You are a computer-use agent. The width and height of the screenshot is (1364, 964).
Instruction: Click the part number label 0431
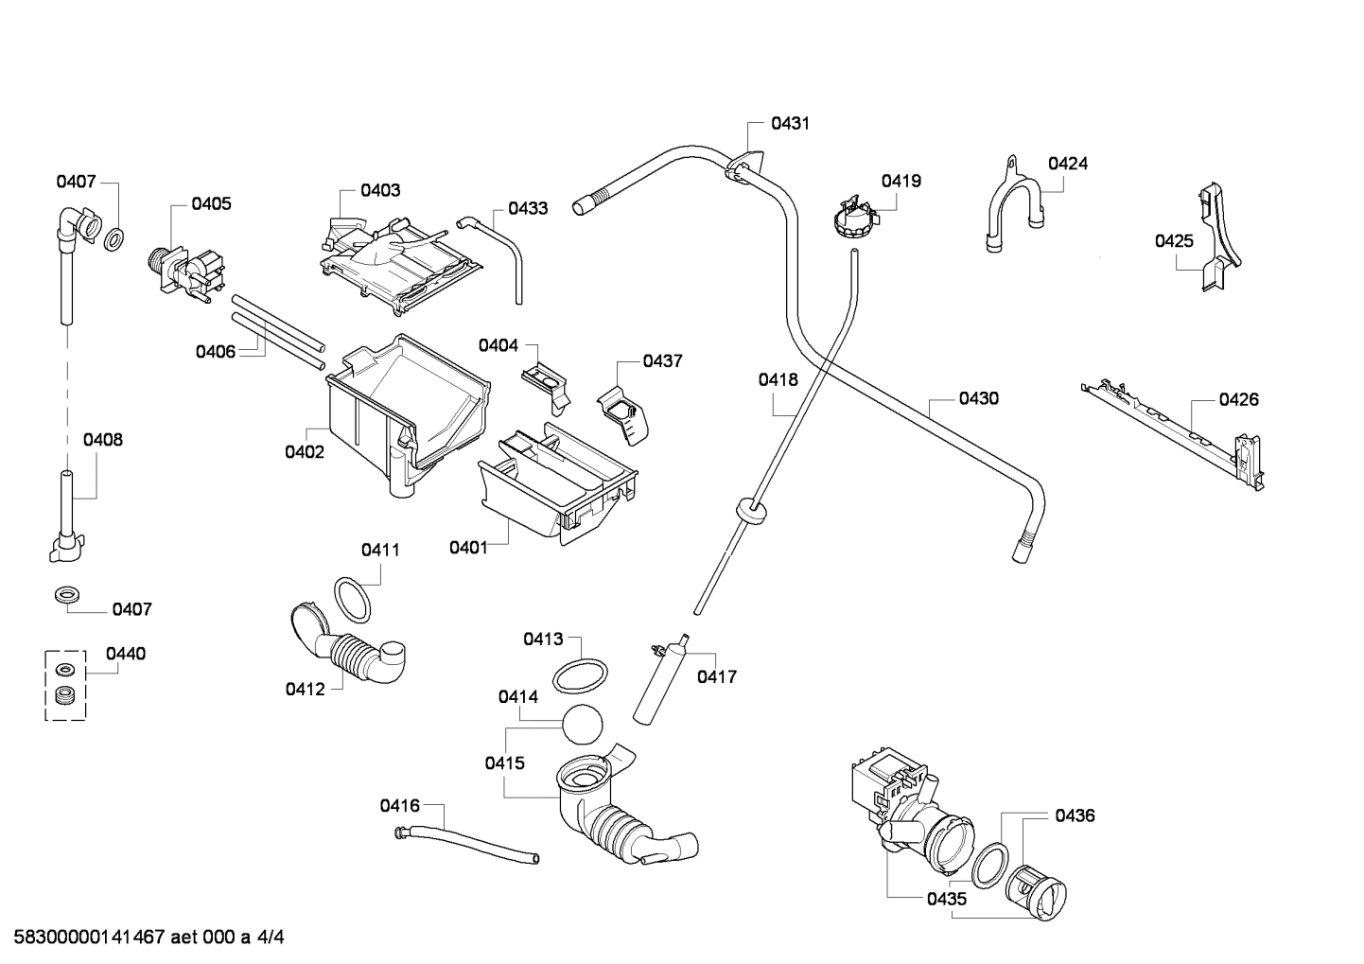[789, 123]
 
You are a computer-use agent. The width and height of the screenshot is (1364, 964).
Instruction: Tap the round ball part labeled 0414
[582, 727]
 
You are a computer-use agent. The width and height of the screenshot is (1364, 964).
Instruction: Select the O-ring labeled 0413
[579, 676]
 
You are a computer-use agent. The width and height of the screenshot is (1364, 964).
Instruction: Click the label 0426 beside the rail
[1238, 399]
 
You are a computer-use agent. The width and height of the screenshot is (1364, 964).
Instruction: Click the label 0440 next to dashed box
[126, 654]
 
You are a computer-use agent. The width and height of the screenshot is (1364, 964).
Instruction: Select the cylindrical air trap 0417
[660, 682]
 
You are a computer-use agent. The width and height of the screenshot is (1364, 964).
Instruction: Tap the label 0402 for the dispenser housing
[305, 452]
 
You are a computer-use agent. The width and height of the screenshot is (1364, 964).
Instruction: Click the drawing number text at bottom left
[143, 938]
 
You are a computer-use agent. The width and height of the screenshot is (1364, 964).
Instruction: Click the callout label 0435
[946, 899]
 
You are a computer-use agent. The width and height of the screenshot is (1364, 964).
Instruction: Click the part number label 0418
[778, 380]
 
